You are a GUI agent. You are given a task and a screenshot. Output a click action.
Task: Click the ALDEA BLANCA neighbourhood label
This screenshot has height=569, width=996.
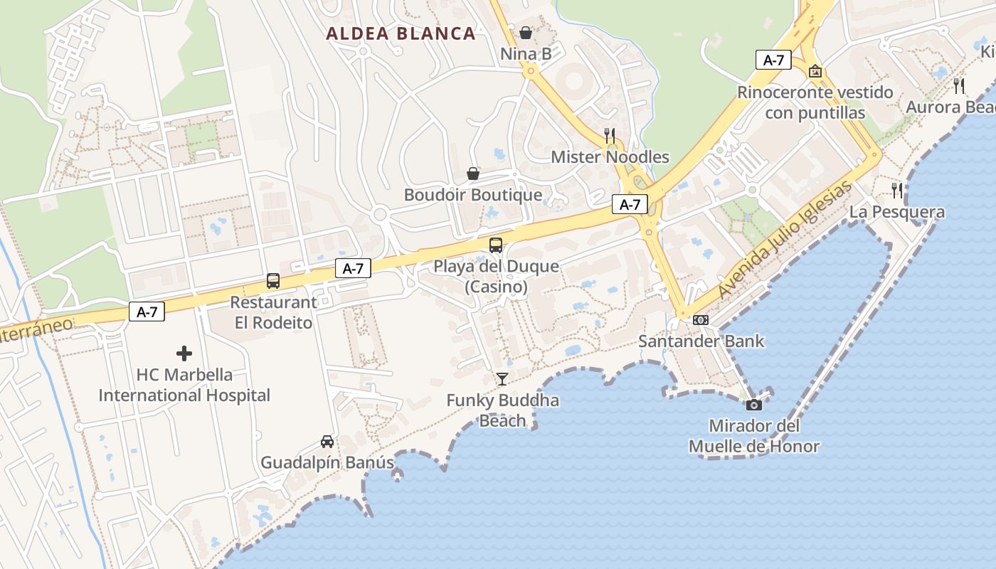tap(401, 33)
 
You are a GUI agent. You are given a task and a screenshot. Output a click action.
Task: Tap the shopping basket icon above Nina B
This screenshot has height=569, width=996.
tap(526, 33)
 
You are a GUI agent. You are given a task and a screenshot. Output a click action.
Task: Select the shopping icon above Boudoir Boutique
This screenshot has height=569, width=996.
tap(473, 174)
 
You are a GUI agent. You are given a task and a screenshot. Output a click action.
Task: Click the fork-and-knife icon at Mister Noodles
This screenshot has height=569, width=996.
tap(610, 135)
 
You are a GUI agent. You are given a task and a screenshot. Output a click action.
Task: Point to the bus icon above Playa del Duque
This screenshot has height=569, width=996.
tap(496, 245)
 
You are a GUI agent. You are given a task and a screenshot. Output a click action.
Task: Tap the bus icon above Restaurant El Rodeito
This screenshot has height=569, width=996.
tap(273, 281)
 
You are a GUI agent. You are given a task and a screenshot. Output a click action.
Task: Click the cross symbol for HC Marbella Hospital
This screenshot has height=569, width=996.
tap(184, 353)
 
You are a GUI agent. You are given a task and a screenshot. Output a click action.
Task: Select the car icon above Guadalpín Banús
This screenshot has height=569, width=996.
tap(327, 442)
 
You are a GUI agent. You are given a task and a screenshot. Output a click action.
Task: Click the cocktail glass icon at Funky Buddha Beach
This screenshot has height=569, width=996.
tap(502, 379)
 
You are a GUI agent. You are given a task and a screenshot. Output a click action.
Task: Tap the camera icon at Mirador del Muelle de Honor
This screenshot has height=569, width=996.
tap(753, 405)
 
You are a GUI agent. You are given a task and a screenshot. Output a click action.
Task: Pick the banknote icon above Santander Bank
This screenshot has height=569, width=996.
tap(701, 320)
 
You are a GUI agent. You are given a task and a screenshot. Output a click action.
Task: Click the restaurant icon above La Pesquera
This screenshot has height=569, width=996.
tap(897, 191)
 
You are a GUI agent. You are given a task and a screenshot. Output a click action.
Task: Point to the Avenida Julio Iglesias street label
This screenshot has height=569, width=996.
tap(784, 240)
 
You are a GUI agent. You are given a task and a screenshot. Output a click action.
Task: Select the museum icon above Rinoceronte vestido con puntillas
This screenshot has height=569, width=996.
tap(815, 71)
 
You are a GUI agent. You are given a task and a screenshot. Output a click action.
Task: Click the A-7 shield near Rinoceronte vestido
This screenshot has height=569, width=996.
tap(773, 60)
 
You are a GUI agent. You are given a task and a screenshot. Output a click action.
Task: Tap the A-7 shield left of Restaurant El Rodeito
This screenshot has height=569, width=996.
tap(147, 312)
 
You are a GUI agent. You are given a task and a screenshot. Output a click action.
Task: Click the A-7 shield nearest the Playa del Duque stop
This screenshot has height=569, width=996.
tap(353, 269)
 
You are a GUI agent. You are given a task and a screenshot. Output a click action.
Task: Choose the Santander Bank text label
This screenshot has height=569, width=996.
tap(701, 341)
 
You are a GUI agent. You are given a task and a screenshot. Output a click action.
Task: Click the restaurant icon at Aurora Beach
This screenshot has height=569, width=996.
tap(959, 86)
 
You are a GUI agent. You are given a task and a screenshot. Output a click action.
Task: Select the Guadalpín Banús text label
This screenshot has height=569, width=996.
tap(327, 462)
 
